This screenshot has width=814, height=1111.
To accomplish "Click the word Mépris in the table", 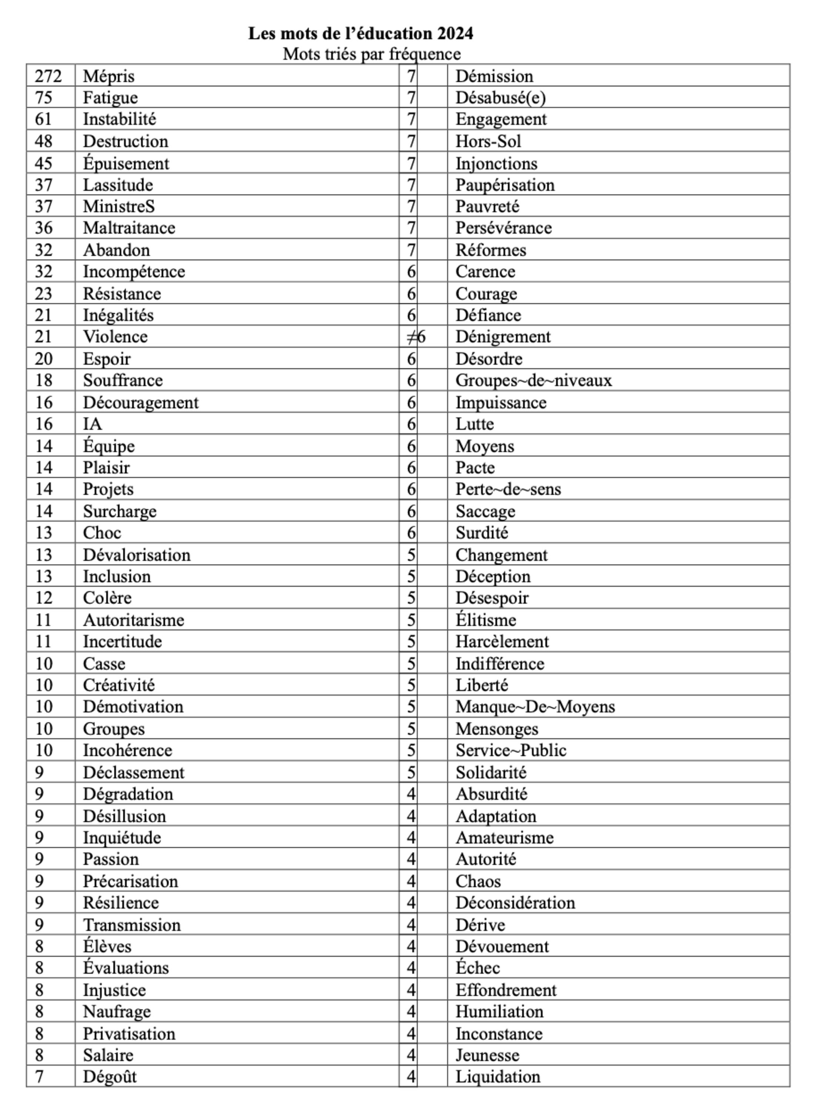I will point(108,76).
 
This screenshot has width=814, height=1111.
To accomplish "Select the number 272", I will point(48,76).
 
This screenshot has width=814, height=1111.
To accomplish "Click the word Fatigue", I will point(110,98).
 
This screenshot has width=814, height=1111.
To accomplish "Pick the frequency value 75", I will point(44,98).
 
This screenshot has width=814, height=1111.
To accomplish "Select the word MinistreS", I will point(119,207).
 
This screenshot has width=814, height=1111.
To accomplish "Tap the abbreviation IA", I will point(92,424).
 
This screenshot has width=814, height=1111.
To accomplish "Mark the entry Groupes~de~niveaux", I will point(533,381).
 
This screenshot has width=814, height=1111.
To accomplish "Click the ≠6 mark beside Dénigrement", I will point(416,337).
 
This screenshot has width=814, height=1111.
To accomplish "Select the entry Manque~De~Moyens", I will point(535,707).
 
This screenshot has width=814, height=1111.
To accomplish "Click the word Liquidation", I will point(498,1077).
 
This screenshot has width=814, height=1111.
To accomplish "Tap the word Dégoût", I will point(110,1077).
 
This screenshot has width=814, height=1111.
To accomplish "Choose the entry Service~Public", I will point(511,750).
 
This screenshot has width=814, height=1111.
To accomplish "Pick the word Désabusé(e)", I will point(500,98).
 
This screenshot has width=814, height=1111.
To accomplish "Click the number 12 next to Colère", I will point(44,598).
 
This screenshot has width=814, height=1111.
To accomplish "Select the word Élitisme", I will point(485,620).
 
